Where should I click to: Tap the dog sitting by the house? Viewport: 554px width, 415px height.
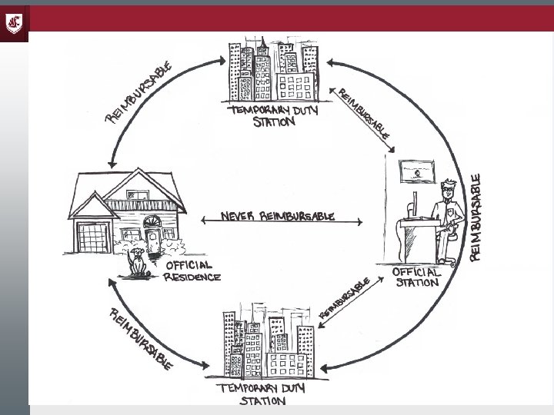click(138, 261)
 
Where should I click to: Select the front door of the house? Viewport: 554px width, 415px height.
click(152, 239)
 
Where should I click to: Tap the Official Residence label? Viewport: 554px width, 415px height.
click(192, 271)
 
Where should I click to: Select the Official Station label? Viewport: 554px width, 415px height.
click(416, 277)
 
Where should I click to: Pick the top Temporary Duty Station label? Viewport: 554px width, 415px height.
click(275, 116)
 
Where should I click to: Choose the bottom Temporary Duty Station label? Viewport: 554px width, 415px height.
click(262, 394)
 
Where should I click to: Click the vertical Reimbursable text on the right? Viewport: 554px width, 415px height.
click(477, 217)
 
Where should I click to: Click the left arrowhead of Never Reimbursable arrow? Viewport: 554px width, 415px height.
click(203, 222)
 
